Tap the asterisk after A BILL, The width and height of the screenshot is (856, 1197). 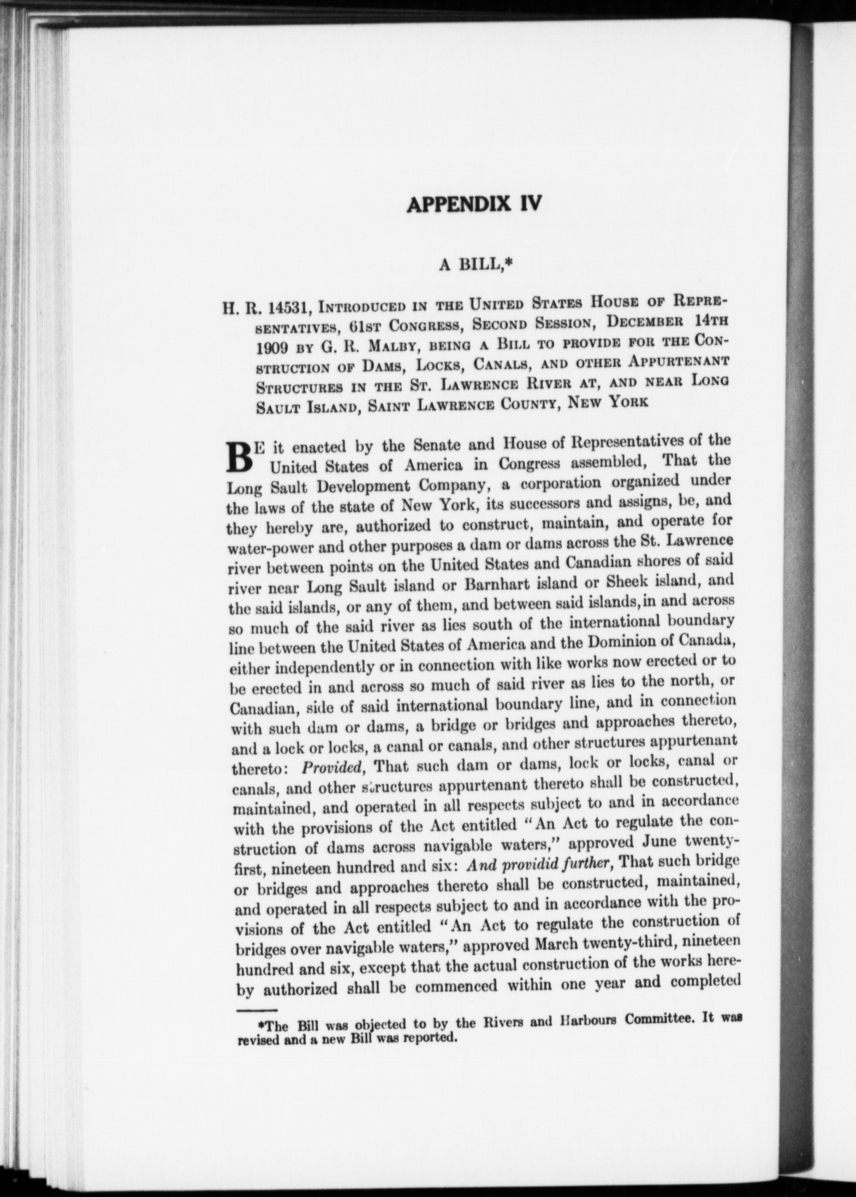506,264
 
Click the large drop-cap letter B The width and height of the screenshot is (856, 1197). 239,458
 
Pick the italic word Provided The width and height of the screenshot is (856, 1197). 333,767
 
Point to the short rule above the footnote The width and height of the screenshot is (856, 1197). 258,1009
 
